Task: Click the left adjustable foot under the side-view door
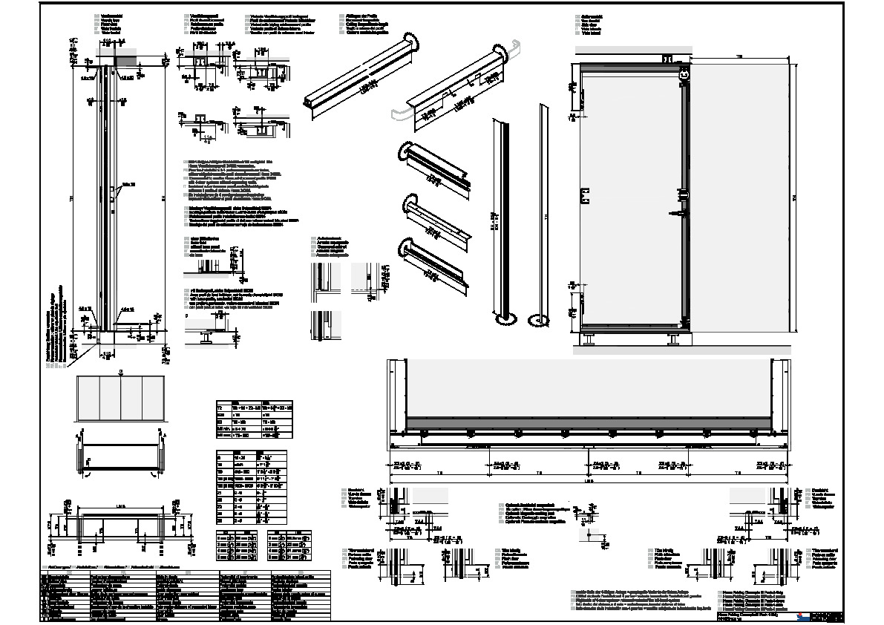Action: pos(589,341)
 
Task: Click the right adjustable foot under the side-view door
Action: pos(674,341)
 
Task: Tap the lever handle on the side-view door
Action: pos(681,196)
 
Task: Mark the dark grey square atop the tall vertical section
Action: pos(126,58)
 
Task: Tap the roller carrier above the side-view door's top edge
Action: pos(667,59)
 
